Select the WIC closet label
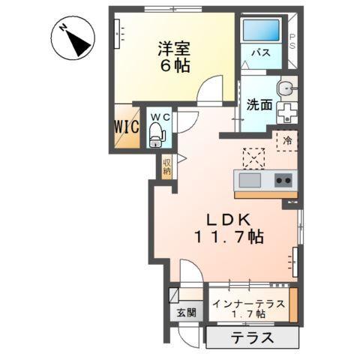coord(126,127)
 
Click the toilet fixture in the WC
coord(157,135)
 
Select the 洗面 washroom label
coord(259,105)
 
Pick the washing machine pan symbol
coord(286,112)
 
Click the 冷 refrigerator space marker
coord(286,140)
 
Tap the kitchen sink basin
coord(249,181)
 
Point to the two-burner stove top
coord(283,180)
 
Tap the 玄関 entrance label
coord(185,313)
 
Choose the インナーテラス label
coord(247,304)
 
